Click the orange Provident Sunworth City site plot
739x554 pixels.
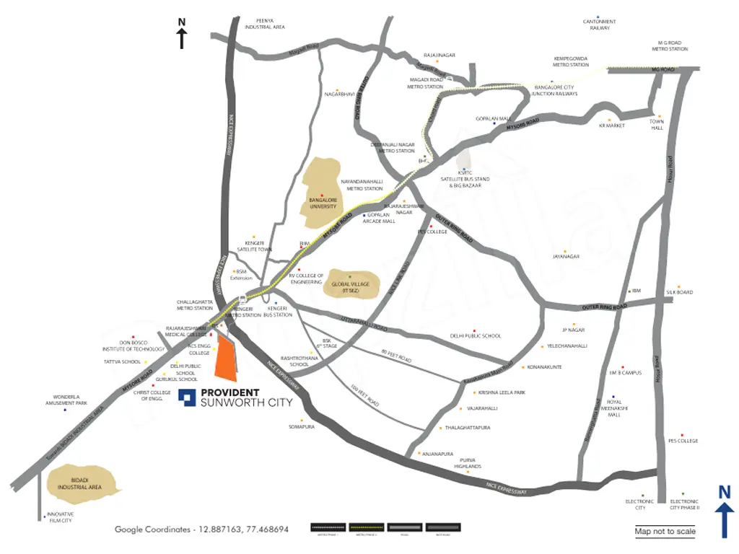pyautogui.click(x=227, y=358)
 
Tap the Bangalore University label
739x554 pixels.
pyautogui.click(x=323, y=203)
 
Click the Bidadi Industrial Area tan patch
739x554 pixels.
pyautogui.click(x=79, y=484)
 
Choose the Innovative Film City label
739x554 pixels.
pyautogui.click(x=59, y=517)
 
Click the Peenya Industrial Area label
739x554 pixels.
pyautogui.click(x=265, y=24)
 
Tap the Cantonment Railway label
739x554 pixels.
pyautogui.click(x=599, y=25)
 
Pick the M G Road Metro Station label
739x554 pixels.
pyautogui.click(x=670, y=46)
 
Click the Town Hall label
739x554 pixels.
pyautogui.click(x=656, y=125)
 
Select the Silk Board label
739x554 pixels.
pyautogui.click(x=680, y=292)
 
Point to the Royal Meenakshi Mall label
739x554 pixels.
pyautogui.click(x=614, y=408)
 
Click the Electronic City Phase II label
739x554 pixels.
pyautogui.click(x=684, y=504)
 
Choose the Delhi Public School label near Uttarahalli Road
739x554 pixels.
pyautogui.click(x=475, y=336)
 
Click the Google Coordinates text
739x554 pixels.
pyautogui.click(x=201, y=529)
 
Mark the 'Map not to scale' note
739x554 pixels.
pyautogui.click(x=665, y=532)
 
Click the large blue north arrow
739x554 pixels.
pyautogui.click(x=725, y=511)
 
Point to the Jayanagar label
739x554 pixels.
pyautogui.click(x=566, y=256)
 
